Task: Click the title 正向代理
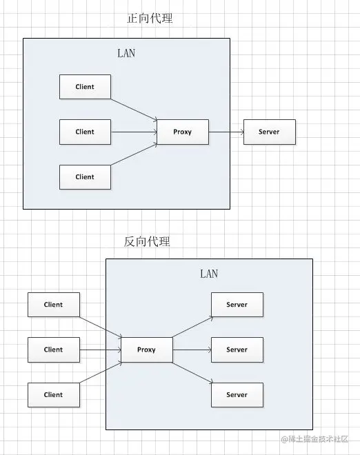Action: tap(150, 19)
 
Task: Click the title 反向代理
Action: tap(147, 241)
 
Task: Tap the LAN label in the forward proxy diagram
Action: tap(126, 53)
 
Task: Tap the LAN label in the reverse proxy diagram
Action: tap(209, 274)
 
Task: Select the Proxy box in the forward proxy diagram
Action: tap(183, 132)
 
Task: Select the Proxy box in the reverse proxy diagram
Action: tap(147, 350)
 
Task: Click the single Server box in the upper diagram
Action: tap(270, 132)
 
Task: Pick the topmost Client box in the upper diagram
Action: tap(85, 87)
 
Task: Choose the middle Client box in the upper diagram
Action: tap(85, 132)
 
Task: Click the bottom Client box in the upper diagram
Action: tap(85, 177)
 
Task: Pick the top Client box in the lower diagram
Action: tap(54, 305)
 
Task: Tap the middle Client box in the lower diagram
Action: tap(54, 350)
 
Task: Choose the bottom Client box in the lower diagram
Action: tap(54, 395)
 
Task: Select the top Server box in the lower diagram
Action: tap(237, 305)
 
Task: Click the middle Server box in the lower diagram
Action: tap(237, 350)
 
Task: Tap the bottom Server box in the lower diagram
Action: tap(237, 395)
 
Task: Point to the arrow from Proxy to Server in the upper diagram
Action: tap(226, 132)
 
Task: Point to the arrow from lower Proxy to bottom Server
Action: tap(192, 373)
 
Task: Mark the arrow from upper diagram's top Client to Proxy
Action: tap(134, 110)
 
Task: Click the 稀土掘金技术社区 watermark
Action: tap(314, 439)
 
